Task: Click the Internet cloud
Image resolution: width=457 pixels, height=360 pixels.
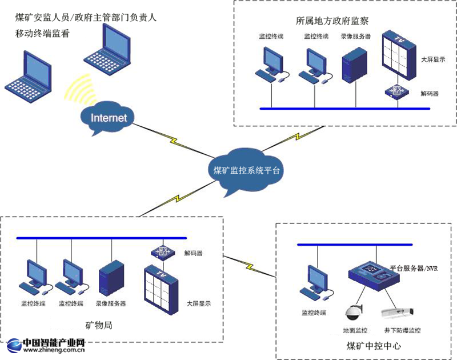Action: (x=108, y=119)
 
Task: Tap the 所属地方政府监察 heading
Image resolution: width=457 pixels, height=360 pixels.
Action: (x=332, y=21)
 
